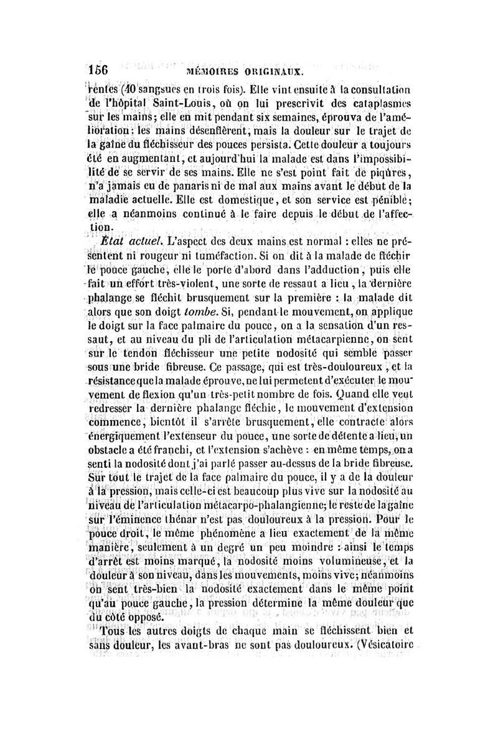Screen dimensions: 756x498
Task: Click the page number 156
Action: [97, 70]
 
